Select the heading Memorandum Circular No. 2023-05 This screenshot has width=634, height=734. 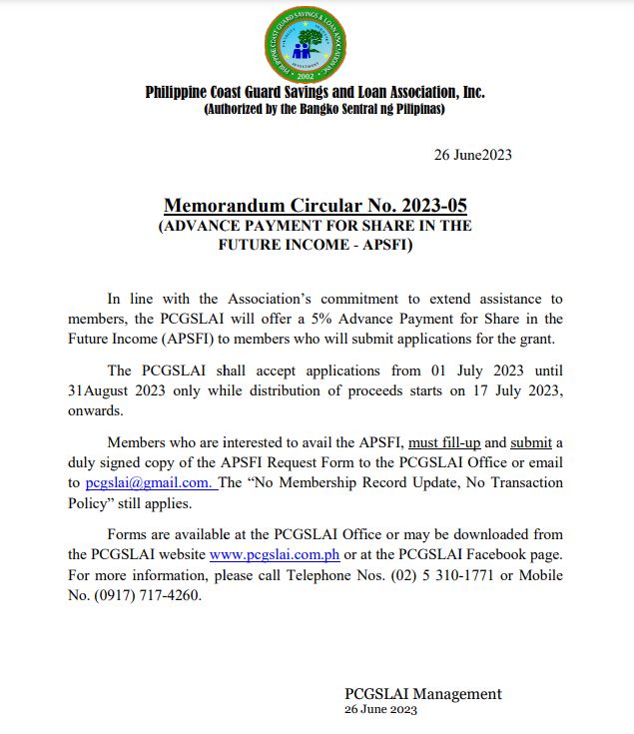[316, 206]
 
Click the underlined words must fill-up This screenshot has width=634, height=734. [447, 441]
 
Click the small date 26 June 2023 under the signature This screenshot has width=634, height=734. [380, 710]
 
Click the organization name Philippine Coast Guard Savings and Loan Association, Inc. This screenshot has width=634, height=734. [316, 92]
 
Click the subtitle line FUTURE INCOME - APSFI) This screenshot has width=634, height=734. [316, 244]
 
